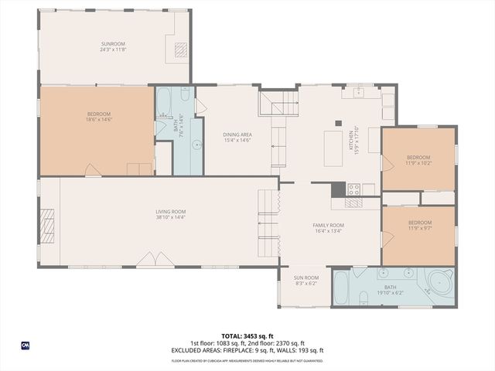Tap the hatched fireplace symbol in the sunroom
click(179, 50)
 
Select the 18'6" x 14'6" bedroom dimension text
click(99, 120)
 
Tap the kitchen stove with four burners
click(353, 189)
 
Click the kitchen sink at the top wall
click(359, 94)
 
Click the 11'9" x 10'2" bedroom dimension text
click(418, 163)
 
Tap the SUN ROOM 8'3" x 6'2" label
click(306, 281)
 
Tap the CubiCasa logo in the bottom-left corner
click(26, 345)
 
